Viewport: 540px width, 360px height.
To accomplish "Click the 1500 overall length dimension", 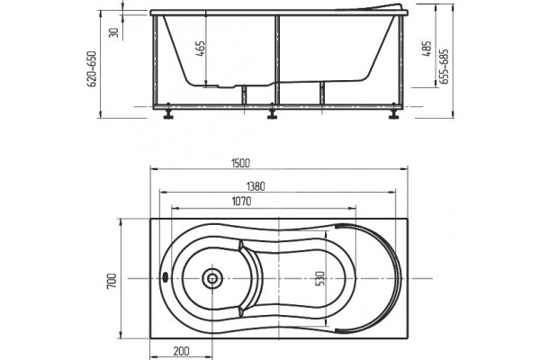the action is (240, 163).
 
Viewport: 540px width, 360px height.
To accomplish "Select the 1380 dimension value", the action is (256, 186).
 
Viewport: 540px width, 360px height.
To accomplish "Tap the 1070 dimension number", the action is (241, 202).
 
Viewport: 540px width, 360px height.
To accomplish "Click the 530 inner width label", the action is (319, 278).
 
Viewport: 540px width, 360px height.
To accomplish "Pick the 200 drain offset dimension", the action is (182, 351).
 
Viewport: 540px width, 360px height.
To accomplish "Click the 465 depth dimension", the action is (201, 49).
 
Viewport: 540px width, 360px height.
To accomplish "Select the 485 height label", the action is (427, 49).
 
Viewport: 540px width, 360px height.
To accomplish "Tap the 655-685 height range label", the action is (445, 67).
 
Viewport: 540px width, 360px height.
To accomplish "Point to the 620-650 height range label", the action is (93, 69).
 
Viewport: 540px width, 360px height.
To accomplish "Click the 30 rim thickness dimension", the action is (113, 32).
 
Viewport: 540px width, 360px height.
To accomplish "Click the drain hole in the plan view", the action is (212, 278).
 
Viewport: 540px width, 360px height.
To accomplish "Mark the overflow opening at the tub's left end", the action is (165, 277).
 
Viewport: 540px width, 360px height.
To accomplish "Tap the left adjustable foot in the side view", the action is (168, 112).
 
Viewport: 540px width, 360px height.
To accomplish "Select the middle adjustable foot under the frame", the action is (273, 112).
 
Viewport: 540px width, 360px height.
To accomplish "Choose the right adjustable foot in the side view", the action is (393, 112).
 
